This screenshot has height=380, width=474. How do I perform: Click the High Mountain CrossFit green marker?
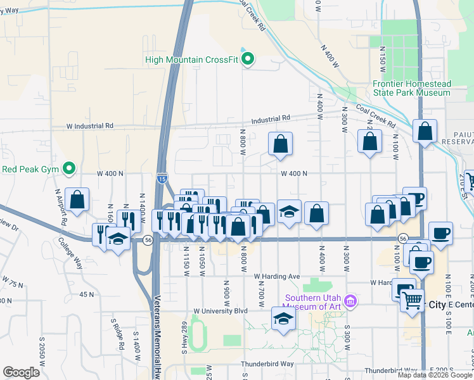tap(248, 60)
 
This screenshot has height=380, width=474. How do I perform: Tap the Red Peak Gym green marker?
tap(70, 169)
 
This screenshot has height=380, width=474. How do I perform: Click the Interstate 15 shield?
tap(163, 179)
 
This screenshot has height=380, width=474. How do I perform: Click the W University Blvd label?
tap(220, 311)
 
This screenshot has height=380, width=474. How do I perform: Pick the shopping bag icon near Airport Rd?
tap(77, 199)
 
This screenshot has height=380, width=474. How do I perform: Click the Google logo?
tap(21, 372)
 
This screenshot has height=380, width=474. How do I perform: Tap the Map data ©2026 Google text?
tap(435, 375)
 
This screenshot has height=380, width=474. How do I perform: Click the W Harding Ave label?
tap(276, 277)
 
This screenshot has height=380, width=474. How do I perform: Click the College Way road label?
tap(70, 253)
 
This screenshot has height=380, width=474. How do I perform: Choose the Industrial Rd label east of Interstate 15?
tap(270, 118)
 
